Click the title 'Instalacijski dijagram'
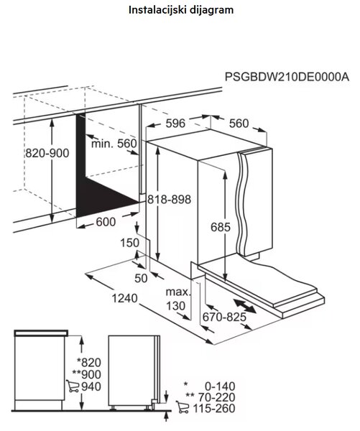[181, 11]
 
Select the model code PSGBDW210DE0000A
[287, 77]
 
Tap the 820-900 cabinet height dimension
[47, 153]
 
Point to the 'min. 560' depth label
[114, 144]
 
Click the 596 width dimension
[175, 124]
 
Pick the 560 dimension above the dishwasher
[239, 124]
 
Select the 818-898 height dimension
[169, 199]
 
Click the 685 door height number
[221, 227]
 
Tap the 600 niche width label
[106, 222]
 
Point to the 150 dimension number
[130, 243]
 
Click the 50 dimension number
[141, 279]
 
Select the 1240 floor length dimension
[124, 298]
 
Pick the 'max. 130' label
[177, 299]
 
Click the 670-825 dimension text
[224, 318]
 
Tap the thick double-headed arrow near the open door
[244, 306]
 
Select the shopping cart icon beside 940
[73, 386]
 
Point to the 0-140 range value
[220, 386]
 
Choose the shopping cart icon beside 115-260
[183, 407]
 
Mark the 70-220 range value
[217, 397]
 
